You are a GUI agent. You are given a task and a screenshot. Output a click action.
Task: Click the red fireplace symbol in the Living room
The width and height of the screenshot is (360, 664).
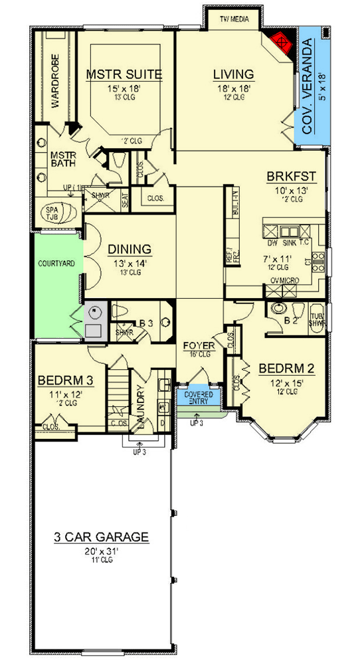[x=282, y=42]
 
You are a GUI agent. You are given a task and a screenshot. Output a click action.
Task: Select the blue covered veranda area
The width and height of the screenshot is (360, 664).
[x=312, y=86]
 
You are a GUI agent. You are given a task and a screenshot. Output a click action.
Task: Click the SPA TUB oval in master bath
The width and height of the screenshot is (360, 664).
[x=51, y=212]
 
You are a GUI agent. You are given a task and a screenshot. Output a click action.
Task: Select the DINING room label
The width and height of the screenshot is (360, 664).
[x=130, y=249]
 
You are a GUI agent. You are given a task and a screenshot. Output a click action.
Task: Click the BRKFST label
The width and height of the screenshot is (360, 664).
[x=291, y=177]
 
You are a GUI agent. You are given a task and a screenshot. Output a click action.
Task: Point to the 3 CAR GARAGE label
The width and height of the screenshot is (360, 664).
[x=102, y=537]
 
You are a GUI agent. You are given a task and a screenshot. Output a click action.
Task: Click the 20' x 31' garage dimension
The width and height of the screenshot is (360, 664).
[x=102, y=550]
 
